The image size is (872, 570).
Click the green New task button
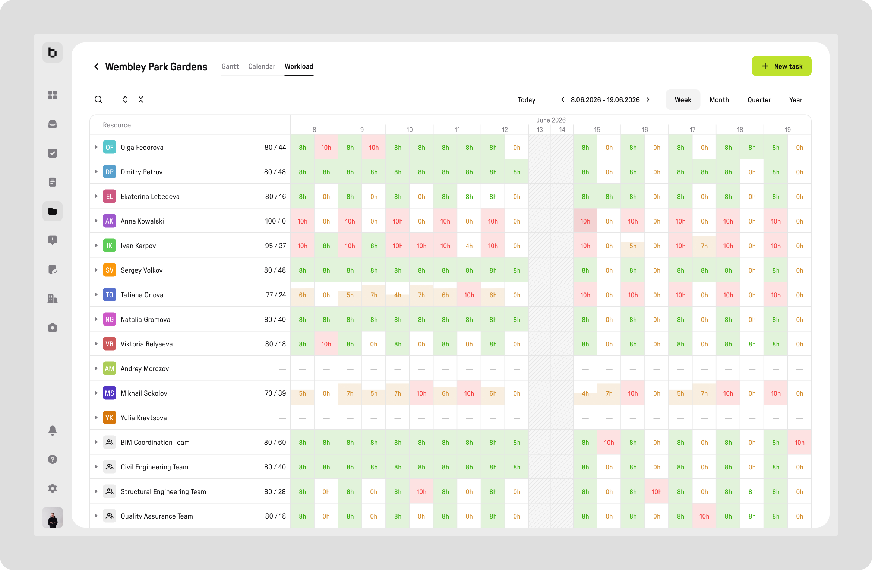(781, 66)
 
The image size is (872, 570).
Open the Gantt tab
(230, 66)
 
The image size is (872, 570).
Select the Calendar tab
(262, 66)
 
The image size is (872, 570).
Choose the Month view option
(719, 100)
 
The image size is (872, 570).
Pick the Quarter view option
(759, 100)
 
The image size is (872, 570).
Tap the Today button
(527, 100)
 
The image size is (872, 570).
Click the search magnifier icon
(98, 99)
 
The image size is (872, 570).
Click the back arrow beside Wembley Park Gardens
(97, 66)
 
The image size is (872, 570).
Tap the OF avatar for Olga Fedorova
(110, 147)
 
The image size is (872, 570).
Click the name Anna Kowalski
(142, 221)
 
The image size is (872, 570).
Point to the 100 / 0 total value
(275, 221)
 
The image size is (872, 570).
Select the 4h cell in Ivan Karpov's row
(469, 246)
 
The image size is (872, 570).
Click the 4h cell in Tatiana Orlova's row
(398, 295)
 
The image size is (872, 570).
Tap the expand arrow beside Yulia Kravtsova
(96, 418)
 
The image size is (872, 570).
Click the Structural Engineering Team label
(163, 492)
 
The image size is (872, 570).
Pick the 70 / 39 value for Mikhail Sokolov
(275, 393)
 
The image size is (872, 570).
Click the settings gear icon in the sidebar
(53, 488)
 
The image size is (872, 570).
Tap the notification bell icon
(53, 430)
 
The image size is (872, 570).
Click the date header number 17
(692, 130)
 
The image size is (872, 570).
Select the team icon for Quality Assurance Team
(110, 516)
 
